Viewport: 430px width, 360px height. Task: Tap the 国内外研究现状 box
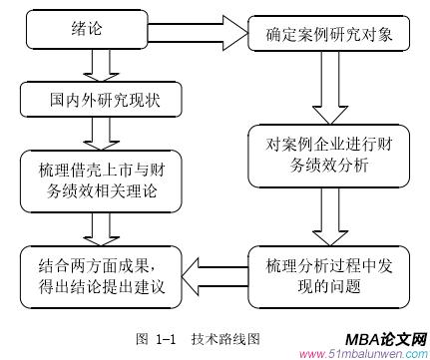pyautogui.click(x=96, y=100)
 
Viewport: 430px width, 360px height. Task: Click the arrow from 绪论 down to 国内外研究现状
pyautogui.click(x=97, y=66)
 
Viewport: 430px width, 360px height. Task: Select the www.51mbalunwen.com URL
pyautogui.click(x=363, y=352)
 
